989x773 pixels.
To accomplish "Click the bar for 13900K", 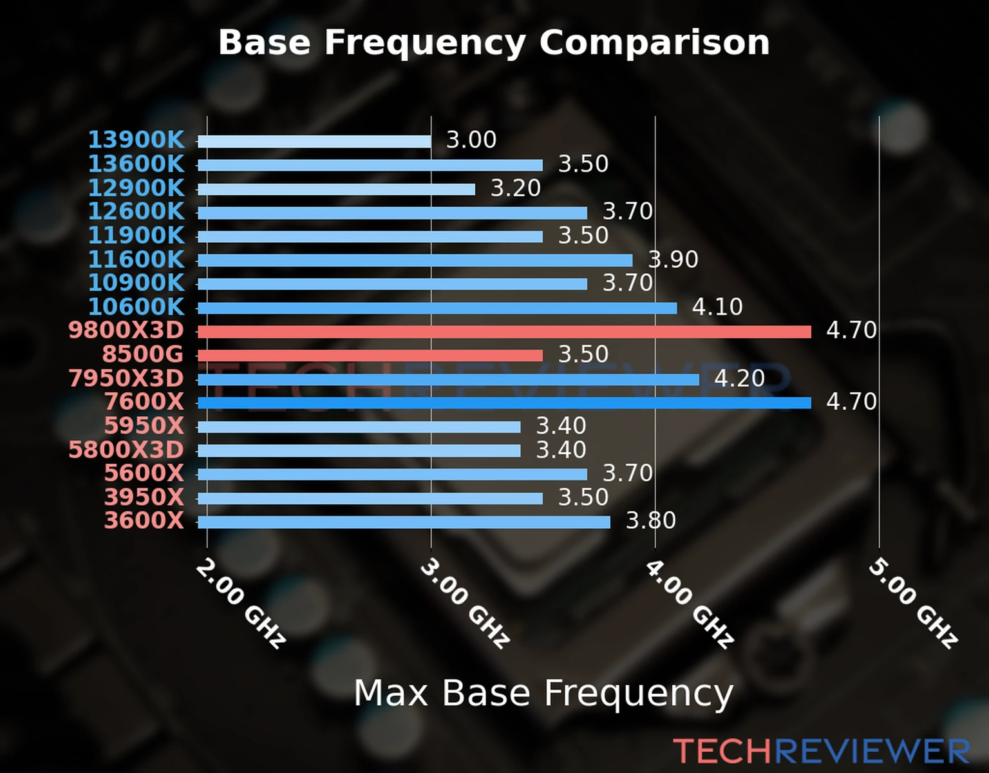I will [314, 142].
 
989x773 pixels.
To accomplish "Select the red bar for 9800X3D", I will [504, 332].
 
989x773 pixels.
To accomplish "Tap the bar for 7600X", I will [504, 403].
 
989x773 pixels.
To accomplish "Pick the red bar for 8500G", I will [370, 356].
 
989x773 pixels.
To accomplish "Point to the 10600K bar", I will [437, 308].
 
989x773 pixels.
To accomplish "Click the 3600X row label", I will [144, 520].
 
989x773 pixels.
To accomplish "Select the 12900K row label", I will [136, 188].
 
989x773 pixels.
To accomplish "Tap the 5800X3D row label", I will [126, 450].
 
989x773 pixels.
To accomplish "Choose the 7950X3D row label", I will [126, 379].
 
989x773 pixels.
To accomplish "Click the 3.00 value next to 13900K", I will [471, 140].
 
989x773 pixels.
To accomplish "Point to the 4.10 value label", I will [717, 307].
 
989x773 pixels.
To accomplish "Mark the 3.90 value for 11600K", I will [673, 260].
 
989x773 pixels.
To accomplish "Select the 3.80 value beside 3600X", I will [651, 520].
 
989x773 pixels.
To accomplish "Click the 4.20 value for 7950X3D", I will [739, 378].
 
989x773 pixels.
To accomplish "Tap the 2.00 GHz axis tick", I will [240, 603].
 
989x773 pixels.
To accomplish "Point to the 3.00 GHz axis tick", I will [464, 603].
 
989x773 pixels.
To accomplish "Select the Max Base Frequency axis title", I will [543, 693].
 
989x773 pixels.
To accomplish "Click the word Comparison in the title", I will [654, 43].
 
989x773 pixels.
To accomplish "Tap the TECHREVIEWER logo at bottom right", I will [821, 752].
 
